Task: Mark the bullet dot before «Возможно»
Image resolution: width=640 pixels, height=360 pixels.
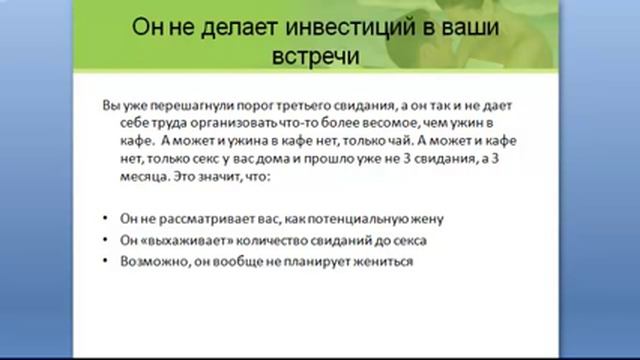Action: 107,261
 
